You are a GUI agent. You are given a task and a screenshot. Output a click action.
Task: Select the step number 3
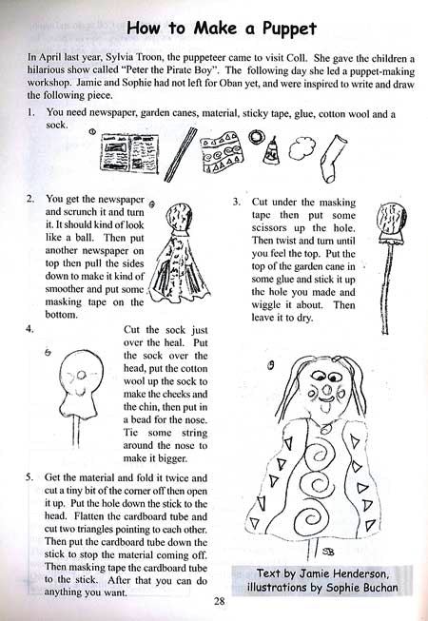[x=238, y=203]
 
